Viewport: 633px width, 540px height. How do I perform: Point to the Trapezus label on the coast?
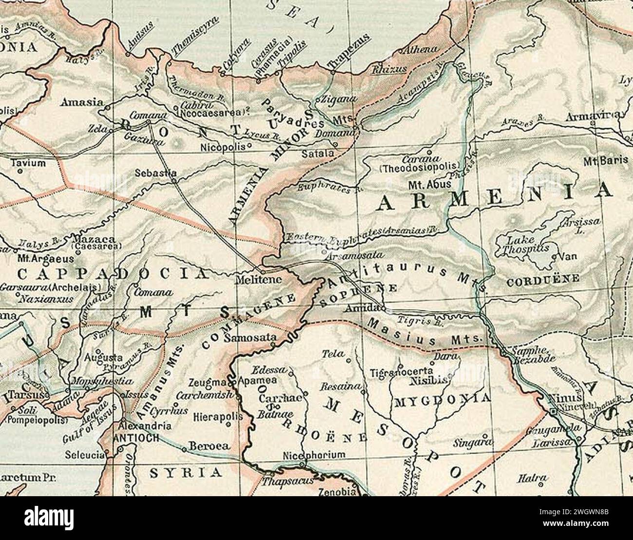(350, 57)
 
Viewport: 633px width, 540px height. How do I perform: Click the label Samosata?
(256, 337)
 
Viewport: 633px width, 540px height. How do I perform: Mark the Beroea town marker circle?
(184, 448)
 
